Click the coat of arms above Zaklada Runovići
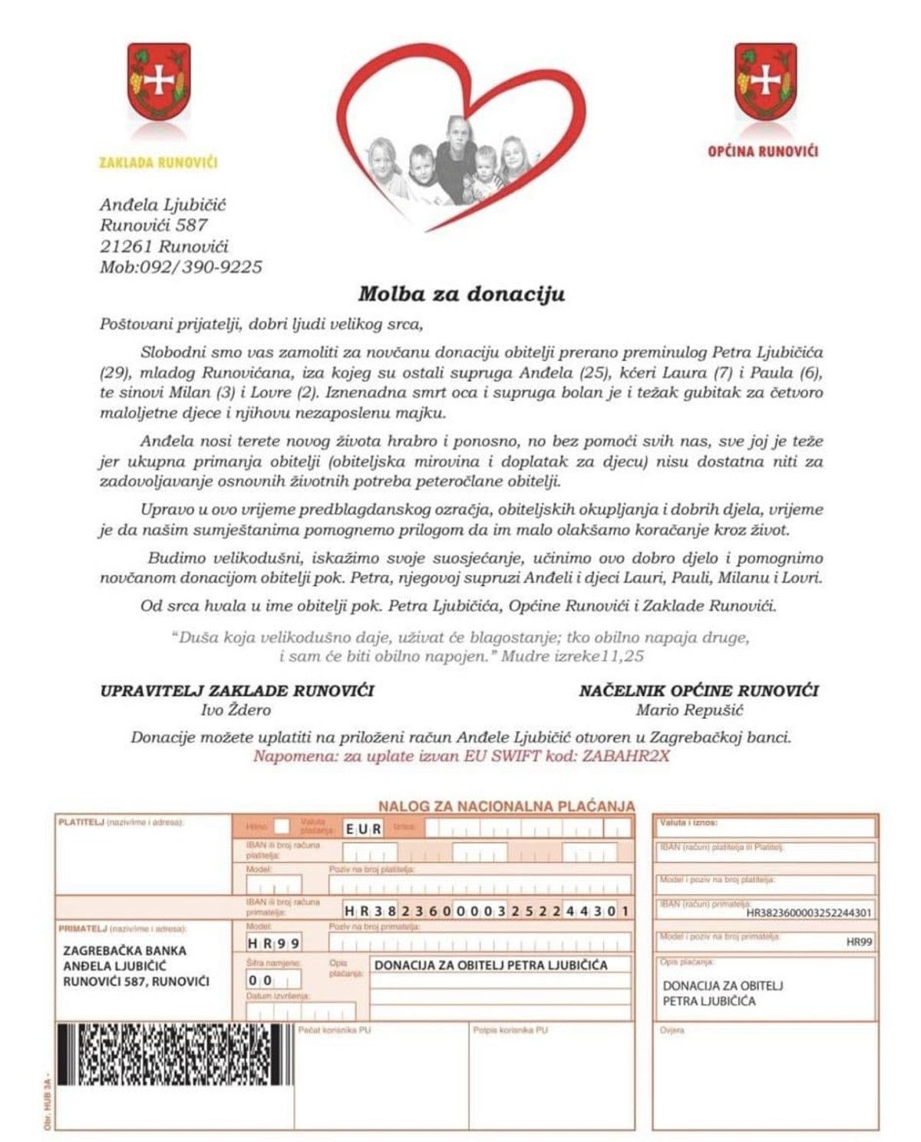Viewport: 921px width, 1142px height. (x=159, y=81)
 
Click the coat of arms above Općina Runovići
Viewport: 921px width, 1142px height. (x=764, y=81)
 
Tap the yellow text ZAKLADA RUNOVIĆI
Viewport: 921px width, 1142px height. (x=158, y=163)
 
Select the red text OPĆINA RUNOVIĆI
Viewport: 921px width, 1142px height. (x=762, y=151)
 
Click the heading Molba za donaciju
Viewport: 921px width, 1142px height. (x=461, y=294)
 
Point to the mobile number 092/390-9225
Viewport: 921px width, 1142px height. (x=200, y=267)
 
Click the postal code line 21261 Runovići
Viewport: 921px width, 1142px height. (x=163, y=247)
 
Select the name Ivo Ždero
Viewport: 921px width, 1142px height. (x=236, y=710)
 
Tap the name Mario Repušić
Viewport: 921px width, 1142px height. (x=688, y=710)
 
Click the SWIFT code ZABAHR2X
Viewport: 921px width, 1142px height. (x=626, y=756)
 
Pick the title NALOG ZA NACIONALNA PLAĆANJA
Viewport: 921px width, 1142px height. (x=507, y=806)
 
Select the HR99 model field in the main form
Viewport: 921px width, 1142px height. (x=273, y=943)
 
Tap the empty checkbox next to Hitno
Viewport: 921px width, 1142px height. (x=282, y=826)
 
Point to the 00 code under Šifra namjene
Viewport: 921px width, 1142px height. (x=260, y=981)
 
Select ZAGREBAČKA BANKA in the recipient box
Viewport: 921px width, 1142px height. (x=124, y=950)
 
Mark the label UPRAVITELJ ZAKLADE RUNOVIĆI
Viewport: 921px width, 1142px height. (x=237, y=690)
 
